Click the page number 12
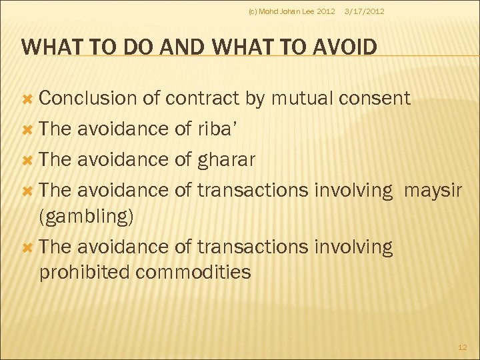tap(463, 347)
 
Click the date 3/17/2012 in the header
tap(363, 11)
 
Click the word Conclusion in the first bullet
tap(87, 99)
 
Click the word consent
tap(374, 99)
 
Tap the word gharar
tap(227, 160)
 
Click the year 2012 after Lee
tap(326, 11)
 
